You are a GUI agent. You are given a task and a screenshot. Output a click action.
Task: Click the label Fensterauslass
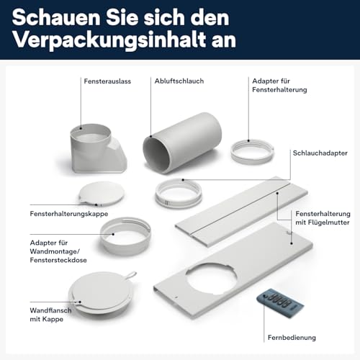[107, 81]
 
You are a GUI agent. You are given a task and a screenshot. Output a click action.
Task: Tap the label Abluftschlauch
[179, 81]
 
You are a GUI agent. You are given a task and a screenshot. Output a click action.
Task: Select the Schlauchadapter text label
[320, 153]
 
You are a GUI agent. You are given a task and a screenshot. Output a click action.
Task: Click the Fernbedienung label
[292, 338]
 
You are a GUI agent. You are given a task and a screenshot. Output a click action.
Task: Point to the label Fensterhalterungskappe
[69, 214]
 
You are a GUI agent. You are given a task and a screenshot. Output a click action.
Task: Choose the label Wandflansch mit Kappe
[50, 315]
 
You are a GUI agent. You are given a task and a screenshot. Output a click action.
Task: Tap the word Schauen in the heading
[56, 17]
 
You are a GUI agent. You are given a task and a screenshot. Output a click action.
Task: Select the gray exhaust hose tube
[182, 143]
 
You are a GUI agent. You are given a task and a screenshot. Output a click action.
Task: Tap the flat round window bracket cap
[102, 194]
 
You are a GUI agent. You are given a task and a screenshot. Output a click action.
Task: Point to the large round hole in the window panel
[211, 279]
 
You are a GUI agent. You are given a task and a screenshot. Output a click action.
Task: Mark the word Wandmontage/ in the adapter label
[55, 251]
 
